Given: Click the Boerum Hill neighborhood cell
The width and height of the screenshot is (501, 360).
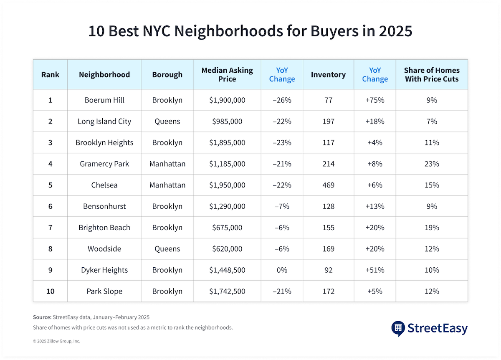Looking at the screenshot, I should pyautogui.click(x=104, y=100).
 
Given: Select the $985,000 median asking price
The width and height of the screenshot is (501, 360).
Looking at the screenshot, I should pyautogui.click(x=227, y=122).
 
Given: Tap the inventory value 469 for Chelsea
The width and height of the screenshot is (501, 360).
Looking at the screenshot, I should pyautogui.click(x=328, y=185).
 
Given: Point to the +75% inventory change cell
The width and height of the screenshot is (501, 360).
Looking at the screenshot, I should pyautogui.click(x=374, y=100).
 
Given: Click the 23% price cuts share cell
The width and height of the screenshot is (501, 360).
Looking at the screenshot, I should pyautogui.click(x=432, y=164).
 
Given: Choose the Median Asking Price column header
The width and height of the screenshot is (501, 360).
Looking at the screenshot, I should pyautogui.click(x=227, y=74).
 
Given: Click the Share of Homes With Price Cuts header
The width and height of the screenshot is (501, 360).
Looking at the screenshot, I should pyautogui.click(x=432, y=74).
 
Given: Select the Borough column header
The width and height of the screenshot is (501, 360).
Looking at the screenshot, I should pyautogui.click(x=167, y=75).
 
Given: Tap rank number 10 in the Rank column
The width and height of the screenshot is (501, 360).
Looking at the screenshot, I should pyautogui.click(x=50, y=291).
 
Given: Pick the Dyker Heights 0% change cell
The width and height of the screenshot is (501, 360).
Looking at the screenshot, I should pyautogui.click(x=282, y=270).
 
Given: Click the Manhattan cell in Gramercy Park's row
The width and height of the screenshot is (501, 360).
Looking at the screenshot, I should pyautogui.click(x=167, y=164).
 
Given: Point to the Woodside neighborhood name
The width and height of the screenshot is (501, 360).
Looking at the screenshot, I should pyautogui.click(x=104, y=248).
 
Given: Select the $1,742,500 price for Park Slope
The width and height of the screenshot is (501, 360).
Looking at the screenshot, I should pyautogui.click(x=227, y=291).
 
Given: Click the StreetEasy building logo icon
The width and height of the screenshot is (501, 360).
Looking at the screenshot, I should pyautogui.click(x=397, y=328).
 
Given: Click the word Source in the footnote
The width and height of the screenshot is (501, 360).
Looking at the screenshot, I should pyautogui.click(x=42, y=317).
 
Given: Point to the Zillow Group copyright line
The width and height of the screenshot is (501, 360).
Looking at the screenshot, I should pyautogui.click(x=56, y=341).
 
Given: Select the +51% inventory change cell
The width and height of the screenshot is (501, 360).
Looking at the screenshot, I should pyautogui.click(x=374, y=270).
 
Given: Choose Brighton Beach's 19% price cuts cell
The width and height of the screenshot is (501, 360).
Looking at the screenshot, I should pyautogui.click(x=432, y=228).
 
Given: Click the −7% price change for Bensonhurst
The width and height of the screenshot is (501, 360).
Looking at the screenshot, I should pyautogui.click(x=282, y=206).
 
